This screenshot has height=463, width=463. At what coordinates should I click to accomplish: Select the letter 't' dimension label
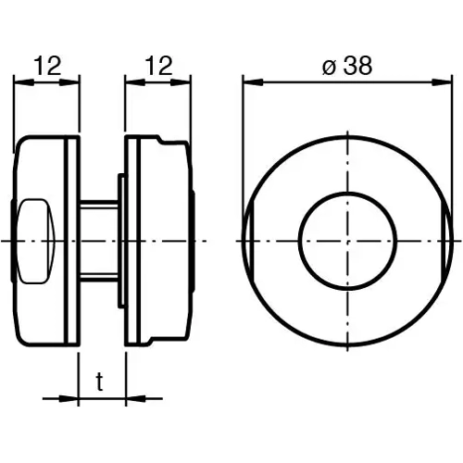(x=100, y=381)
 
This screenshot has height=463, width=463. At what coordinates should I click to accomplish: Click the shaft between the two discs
(x=97, y=241)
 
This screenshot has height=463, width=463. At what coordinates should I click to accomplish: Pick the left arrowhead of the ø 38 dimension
(x=249, y=81)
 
